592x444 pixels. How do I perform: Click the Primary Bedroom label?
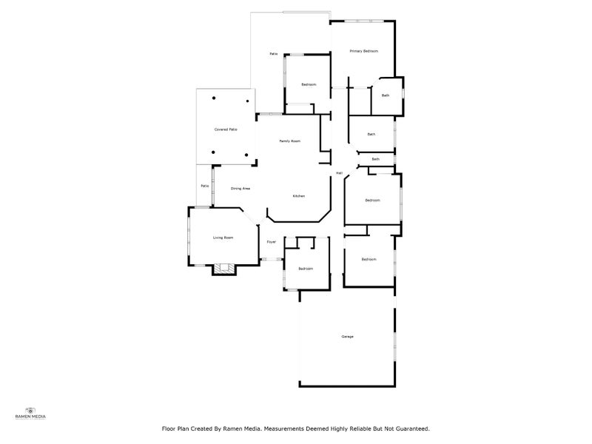[x=364, y=51]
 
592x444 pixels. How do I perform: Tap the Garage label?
[x=347, y=337]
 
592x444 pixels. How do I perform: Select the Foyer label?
[x=272, y=242]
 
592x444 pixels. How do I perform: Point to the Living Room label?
[x=223, y=238]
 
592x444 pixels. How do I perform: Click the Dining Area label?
[x=240, y=189]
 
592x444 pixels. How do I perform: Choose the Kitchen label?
[x=298, y=195]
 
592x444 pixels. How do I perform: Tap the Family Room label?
[x=289, y=141]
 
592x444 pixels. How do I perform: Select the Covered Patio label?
[x=226, y=129]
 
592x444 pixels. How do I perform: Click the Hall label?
[x=339, y=173]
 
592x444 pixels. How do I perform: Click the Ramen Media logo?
[x=30, y=413]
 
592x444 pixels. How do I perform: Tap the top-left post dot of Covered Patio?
[x=214, y=98]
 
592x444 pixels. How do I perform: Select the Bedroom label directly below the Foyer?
[x=306, y=269]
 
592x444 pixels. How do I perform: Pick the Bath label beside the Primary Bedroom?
[x=386, y=95]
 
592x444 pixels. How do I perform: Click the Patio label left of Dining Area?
[x=203, y=186]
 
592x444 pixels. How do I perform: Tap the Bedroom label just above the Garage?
[x=369, y=259]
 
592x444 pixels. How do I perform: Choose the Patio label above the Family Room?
[x=273, y=54]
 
